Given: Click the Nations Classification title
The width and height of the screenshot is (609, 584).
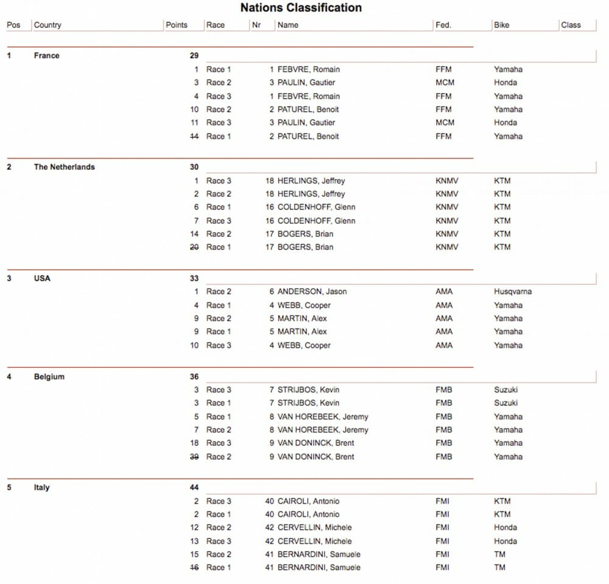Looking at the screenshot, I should pyautogui.click(x=301, y=8).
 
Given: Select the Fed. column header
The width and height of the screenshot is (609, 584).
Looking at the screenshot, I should pyautogui.click(x=443, y=26).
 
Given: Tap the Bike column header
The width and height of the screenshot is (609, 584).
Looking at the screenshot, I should pyautogui.click(x=502, y=26).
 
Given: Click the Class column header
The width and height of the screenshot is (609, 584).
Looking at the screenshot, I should pyautogui.click(x=571, y=26).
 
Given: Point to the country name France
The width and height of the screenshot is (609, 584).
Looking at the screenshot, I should pyautogui.click(x=47, y=55).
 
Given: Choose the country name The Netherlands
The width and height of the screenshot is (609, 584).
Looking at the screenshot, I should pyautogui.click(x=65, y=167).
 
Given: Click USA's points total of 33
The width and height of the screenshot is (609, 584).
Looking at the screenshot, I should pyautogui.click(x=194, y=278).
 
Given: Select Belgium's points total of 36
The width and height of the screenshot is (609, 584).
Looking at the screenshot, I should pyautogui.click(x=194, y=377).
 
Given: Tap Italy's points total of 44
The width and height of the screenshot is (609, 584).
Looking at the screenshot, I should pyautogui.click(x=194, y=488).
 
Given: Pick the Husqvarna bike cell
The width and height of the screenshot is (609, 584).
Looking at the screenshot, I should pyautogui.click(x=513, y=292).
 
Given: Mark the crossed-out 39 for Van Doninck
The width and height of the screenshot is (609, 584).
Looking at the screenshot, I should pyautogui.click(x=194, y=457).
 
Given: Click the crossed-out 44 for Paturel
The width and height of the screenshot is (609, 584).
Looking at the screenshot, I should pyautogui.click(x=194, y=136).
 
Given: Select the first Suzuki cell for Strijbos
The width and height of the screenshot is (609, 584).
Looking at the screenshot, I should pyautogui.click(x=506, y=390).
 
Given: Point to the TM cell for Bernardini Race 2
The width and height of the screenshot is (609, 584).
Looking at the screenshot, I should pyautogui.click(x=500, y=554).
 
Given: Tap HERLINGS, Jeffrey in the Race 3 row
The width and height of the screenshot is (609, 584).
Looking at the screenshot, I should pyautogui.click(x=311, y=181).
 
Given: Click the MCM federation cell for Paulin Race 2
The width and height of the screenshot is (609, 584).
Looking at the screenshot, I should pyautogui.click(x=444, y=83).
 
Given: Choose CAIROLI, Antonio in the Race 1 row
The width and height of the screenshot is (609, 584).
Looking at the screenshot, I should pyautogui.click(x=308, y=515).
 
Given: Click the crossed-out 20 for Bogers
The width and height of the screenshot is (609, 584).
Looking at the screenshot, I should pyautogui.click(x=194, y=247).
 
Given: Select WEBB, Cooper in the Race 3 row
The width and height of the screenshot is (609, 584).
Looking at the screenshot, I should pyautogui.click(x=304, y=345).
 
